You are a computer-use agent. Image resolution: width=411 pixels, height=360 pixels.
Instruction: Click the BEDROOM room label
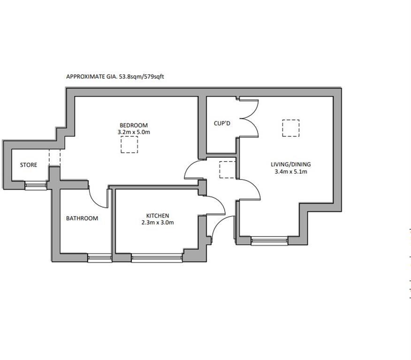[x=134, y=125]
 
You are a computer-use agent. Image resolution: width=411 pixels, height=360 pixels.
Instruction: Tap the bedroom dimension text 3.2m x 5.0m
[x=134, y=132]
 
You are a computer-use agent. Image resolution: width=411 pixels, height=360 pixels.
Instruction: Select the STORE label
[x=29, y=165]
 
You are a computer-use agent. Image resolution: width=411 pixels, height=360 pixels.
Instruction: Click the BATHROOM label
[x=82, y=218]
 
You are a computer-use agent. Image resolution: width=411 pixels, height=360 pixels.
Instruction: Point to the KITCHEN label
[x=157, y=216]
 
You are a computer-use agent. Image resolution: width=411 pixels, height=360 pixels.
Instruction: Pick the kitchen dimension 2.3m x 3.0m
[x=158, y=223]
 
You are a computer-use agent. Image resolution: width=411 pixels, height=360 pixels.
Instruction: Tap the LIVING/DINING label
[x=291, y=165]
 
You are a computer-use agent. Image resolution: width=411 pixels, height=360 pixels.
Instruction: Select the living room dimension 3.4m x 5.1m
[x=291, y=172]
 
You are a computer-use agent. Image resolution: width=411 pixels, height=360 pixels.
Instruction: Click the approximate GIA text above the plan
[x=115, y=76]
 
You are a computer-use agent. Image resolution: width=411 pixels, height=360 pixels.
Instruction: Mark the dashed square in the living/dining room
[x=291, y=128]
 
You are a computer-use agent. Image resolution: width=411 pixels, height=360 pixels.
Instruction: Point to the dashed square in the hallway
[x=227, y=169]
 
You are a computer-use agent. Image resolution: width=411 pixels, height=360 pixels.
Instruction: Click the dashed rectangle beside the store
[x=54, y=157]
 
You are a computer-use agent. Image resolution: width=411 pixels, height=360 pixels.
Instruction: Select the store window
[x=36, y=186]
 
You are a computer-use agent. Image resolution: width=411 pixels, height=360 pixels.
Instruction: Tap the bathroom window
[x=99, y=258]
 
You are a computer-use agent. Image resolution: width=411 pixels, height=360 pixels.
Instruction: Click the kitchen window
[x=157, y=258]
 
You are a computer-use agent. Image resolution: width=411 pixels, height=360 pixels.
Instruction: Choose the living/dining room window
[x=269, y=241]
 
